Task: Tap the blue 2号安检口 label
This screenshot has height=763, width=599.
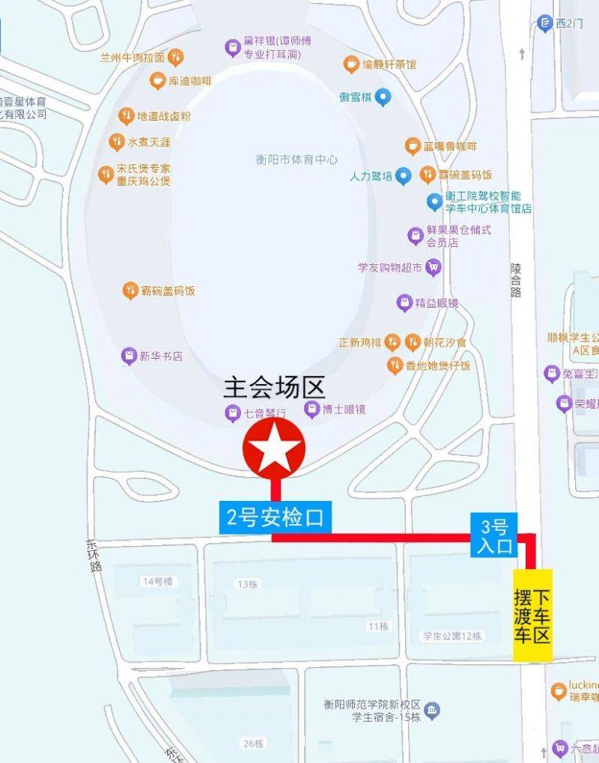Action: [275, 518]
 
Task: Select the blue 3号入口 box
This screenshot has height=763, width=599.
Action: [494, 535]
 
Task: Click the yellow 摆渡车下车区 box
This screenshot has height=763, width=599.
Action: [532, 615]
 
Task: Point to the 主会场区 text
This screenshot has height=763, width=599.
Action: [274, 389]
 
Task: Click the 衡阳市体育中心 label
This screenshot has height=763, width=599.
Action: [297, 159]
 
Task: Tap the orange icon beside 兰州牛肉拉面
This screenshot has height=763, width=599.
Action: [176, 57]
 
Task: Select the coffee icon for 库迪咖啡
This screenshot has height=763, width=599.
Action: [157, 81]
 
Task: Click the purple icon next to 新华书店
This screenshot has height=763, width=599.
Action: [130, 356]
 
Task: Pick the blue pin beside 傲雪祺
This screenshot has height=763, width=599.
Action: [383, 97]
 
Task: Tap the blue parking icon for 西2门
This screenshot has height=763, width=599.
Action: [544, 23]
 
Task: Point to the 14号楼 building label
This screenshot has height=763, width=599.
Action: [157, 581]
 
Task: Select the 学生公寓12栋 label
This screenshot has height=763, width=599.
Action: [451, 636]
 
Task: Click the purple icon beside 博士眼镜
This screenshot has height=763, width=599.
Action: [311, 410]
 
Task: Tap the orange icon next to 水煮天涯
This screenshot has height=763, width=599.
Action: [117, 142]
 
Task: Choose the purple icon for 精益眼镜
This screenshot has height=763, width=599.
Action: [404, 303]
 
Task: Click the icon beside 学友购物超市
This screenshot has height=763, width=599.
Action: [432, 267]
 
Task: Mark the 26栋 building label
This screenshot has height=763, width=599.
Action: [253, 744]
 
